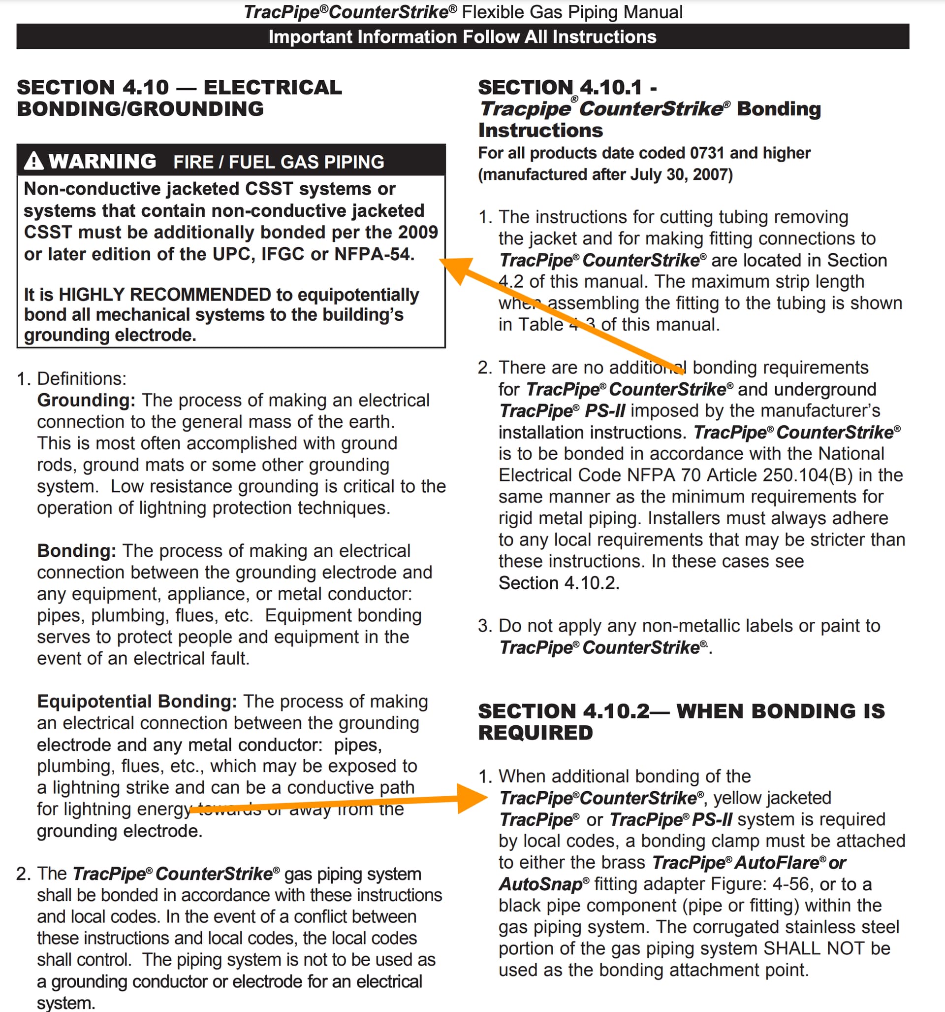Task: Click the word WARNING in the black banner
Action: coord(103,162)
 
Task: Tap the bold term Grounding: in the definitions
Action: coord(86,400)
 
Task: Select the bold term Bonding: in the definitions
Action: coord(76,551)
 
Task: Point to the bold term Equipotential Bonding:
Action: coord(137,702)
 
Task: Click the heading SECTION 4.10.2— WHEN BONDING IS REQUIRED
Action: coord(681,721)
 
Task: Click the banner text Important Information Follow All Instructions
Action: coord(462,36)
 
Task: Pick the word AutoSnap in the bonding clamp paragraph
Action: coord(540,884)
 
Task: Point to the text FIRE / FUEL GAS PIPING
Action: coord(279,162)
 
